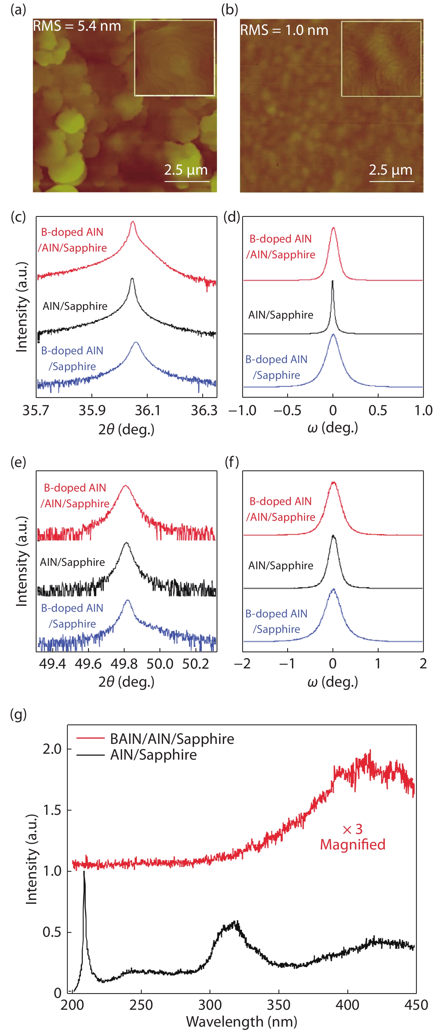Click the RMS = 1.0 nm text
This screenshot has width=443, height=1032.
[x=284, y=30]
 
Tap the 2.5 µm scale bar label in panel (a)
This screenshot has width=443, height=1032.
[x=186, y=170]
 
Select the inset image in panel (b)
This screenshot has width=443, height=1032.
[x=381, y=59]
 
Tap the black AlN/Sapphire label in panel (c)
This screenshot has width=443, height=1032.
[x=75, y=306]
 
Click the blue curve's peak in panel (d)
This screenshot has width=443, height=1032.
[x=333, y=335]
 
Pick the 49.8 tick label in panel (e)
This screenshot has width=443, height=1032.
[x=124, y=664]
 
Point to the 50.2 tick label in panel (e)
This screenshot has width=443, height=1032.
[x=196, y=664]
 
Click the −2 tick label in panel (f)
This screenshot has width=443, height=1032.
[x=242, y=664]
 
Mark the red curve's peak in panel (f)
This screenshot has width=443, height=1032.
[x=333, y=483]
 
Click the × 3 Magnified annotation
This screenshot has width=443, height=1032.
[x=352, y=837]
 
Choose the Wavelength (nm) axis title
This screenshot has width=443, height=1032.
[x=241, y=1022]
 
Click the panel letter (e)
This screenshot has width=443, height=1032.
[x=18, y=462]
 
